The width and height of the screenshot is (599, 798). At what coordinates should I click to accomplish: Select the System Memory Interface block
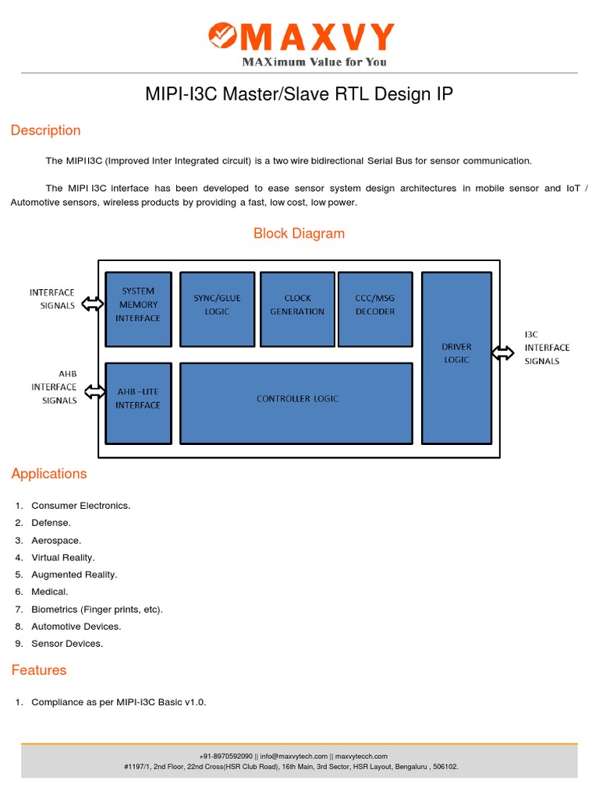pos(139,309)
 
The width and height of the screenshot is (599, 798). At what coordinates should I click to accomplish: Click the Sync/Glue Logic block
pos(217,309)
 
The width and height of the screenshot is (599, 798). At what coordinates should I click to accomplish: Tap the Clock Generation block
pos(297,309)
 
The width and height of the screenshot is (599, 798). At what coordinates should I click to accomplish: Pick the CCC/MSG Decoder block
pos(374,309)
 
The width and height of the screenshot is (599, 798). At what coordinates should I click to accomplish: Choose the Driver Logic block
pos(456,357)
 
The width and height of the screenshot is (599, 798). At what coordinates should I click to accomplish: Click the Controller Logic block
pos(296,402)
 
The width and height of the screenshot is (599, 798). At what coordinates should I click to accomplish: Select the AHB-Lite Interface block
pos(139,402)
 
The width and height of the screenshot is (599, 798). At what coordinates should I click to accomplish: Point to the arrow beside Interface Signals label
pos(91,303)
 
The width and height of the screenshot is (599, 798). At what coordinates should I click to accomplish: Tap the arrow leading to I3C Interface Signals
pos(503,353)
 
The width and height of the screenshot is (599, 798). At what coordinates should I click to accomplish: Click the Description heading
pos(45,130)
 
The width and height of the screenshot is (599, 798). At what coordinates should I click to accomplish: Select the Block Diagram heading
pos(299,233)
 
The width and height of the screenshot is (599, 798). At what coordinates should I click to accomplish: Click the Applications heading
pos(48,474)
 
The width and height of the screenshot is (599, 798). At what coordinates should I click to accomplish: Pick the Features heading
pos(38,670)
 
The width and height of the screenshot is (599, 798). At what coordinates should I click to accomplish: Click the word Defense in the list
pos(51,523)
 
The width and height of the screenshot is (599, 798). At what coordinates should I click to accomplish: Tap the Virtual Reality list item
pos(63,557)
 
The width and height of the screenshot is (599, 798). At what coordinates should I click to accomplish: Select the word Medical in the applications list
pos(50,592)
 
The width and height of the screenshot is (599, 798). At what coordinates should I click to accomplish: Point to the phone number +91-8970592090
pos(226,756)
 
